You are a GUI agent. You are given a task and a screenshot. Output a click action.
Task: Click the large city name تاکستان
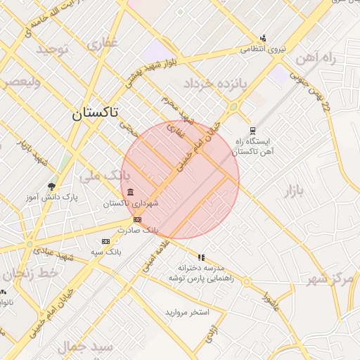pyautogui.click(x=96, y=112)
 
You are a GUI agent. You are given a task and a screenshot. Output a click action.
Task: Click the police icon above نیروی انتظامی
pyautogui.click(x=263, y=38)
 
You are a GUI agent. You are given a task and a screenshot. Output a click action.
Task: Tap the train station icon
pyautogui.click(x=252, y=130)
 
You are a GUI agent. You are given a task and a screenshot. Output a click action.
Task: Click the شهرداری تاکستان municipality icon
pyautogui.click(x=130, y=193)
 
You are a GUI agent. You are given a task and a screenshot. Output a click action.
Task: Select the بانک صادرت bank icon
pyautogui.click(x=136, y=219)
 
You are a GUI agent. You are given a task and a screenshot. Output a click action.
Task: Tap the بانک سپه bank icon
pyautogui.click(x=105, y=241)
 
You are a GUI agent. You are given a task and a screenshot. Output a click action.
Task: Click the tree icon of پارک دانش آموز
pyautogui.click(x=51, y=186)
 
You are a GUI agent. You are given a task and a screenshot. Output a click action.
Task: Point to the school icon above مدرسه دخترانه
pyautogui.click(x=202, y=257)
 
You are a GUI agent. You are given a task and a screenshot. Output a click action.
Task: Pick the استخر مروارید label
pyautogui.click(x=187, y=311)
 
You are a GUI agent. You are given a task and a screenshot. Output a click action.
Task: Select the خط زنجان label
pyautogui.click(x=28, y=275)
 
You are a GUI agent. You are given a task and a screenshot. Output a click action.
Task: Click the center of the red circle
pyautogui.click(x=180, y=180)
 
